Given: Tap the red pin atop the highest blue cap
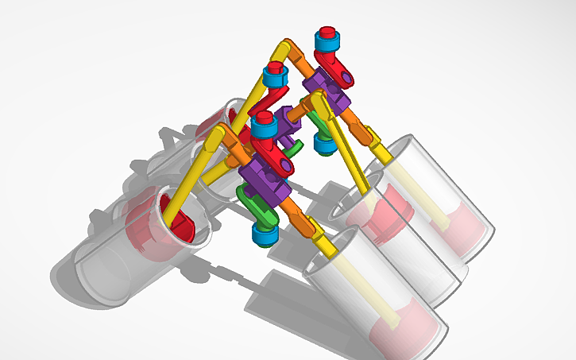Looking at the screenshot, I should pyautogui.click(x=325, y=33).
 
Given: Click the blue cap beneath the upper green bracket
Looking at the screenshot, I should pyautogui.click(x=323, y=144).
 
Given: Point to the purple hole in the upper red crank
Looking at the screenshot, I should pyautogui.click(x=347, y=77).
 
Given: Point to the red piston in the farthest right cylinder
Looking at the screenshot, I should pyautogui.click(x=469, y=230).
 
